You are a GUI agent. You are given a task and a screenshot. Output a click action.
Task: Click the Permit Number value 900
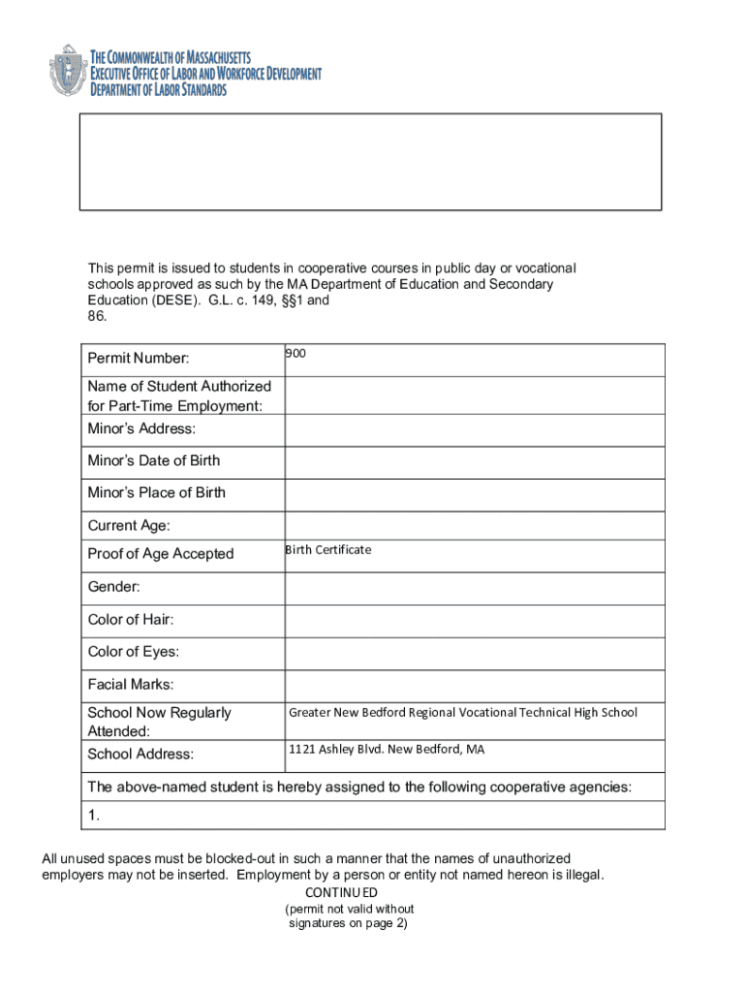coord(295,355)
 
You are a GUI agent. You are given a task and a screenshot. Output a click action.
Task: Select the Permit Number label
coord(139,359)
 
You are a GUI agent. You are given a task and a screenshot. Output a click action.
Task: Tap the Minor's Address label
coord(141,429)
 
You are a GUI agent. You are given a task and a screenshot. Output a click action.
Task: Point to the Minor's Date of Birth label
coord(154,461)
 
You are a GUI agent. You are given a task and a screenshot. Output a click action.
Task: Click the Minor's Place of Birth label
coord(157,493)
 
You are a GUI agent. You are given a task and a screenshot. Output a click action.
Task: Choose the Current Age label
coord(129,526)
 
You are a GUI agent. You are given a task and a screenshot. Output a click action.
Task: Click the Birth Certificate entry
coord(328,550)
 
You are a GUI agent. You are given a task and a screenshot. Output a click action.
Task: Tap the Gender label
coord(113,587)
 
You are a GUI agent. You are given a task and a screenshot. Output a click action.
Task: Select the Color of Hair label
coord(131,620)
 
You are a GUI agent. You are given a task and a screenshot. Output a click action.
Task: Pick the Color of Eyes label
coord(134,652)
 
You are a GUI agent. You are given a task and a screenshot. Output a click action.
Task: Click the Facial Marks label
coord(131,685)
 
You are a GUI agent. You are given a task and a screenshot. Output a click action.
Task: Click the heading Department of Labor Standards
coord(159,90)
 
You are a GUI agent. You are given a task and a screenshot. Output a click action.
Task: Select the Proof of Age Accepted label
coord(161,554)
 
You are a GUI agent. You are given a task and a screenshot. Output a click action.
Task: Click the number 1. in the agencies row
coord(94,816)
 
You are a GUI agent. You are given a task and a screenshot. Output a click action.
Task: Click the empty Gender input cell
coord(475,588)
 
